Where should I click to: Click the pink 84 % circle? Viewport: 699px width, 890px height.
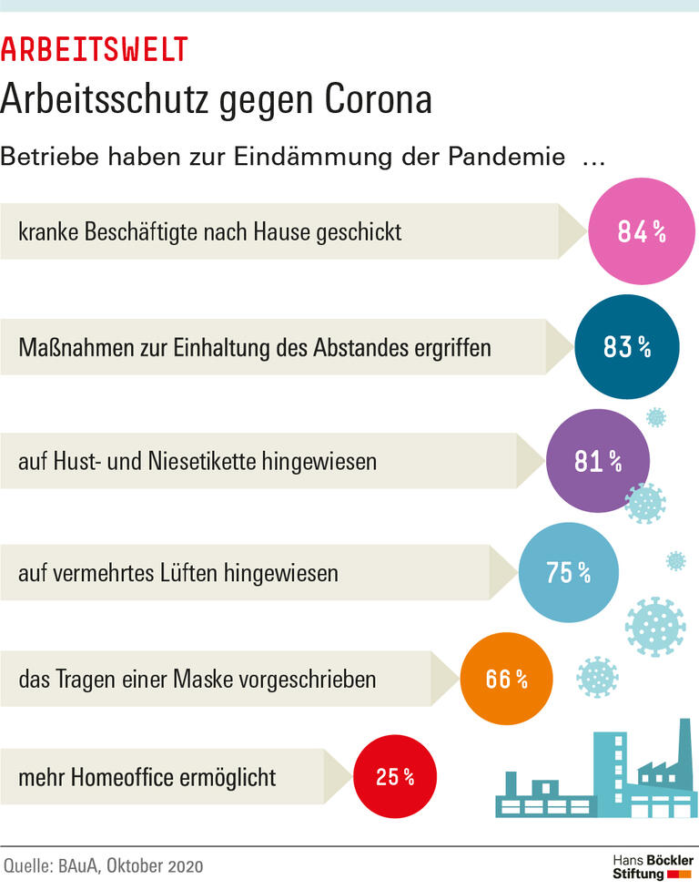(642, 231)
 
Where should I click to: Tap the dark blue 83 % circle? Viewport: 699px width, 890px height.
(627, 346)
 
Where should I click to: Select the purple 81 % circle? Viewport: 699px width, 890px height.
(598, 461)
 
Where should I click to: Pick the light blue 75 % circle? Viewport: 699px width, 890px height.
(569, 573)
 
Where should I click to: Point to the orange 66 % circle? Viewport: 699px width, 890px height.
(507, 678)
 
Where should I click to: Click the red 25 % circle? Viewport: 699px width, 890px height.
(395, 777)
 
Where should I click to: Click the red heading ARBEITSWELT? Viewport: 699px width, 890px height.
(95, 49)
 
